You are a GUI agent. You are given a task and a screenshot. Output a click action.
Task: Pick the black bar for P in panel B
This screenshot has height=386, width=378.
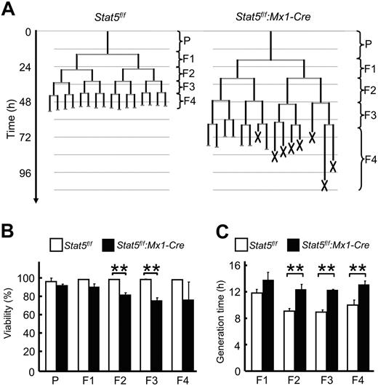tap(61, 327)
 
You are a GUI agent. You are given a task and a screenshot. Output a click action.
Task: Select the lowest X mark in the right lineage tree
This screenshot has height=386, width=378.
tap(326, 186)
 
